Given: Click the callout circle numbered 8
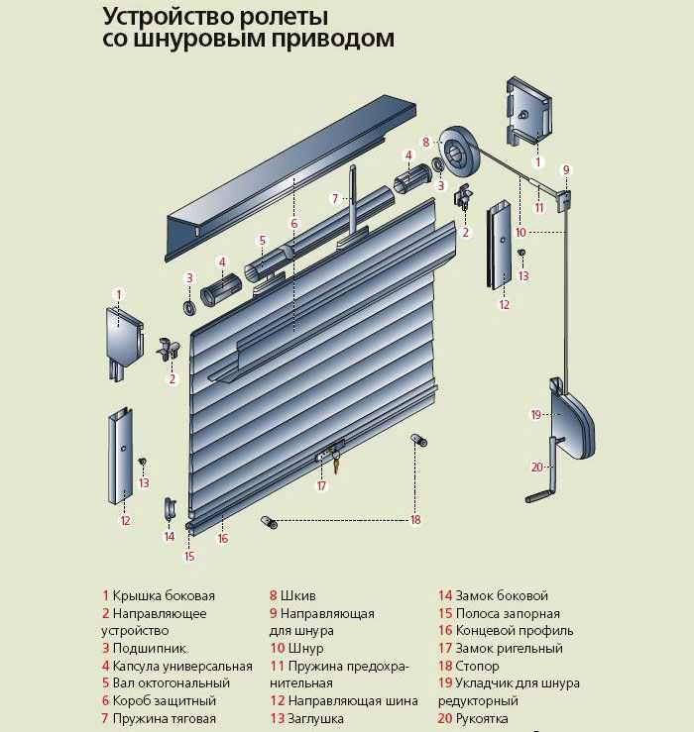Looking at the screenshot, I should (x=425, y=142).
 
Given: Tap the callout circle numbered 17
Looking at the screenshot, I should (x=321, y=486).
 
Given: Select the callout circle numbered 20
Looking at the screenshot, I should (x=536, y=467).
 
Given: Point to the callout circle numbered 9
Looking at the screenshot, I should (x=567, y=169).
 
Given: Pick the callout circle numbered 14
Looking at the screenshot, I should (x=170, y=536).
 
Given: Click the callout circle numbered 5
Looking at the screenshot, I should (x=262, y=240).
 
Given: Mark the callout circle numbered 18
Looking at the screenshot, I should (x=415, y=519).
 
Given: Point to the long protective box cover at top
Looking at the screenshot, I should (x=288, y=168).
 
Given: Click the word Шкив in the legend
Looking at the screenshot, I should (x=298, y=596).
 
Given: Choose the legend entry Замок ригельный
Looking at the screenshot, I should (x=509, y=649).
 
